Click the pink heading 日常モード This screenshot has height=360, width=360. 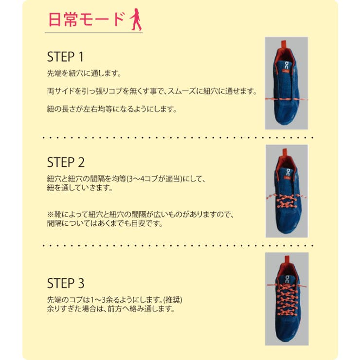87,19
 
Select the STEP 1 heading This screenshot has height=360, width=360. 66,56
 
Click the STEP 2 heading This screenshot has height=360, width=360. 66,162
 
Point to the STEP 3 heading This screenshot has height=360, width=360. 66,283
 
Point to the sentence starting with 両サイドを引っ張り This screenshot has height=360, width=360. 151,91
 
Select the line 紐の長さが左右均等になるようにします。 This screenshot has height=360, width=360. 111,109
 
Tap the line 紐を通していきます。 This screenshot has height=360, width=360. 79,187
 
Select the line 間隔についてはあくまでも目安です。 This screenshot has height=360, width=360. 104,224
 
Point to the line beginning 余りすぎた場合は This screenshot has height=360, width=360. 110,308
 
